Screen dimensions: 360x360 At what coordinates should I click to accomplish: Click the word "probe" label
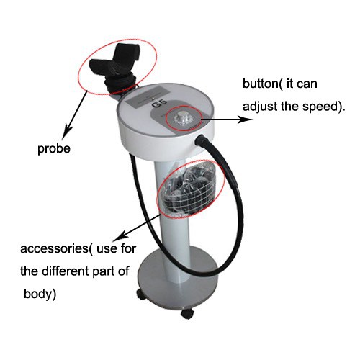pos(54,149)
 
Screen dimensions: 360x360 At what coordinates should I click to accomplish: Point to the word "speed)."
pos(323,107)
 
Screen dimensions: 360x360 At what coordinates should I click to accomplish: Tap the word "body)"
pos(40,294)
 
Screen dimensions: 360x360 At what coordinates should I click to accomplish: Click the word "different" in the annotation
pos(66,271)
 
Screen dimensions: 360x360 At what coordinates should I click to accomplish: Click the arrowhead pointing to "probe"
pos(66,132)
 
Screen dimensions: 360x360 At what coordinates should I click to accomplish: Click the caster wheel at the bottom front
pos(187,313)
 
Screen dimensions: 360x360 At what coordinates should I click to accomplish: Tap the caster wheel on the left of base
pos(142,294)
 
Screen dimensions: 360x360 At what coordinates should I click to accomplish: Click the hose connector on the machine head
pos(201,140)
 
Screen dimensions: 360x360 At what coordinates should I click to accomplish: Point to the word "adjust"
pos(259,107)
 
